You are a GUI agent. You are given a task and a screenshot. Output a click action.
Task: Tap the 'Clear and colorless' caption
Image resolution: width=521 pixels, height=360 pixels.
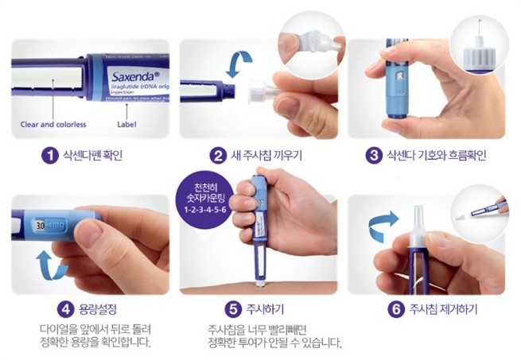coord(53,125)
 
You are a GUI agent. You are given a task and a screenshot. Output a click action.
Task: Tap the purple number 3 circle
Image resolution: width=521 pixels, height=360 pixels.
coord(373,155)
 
